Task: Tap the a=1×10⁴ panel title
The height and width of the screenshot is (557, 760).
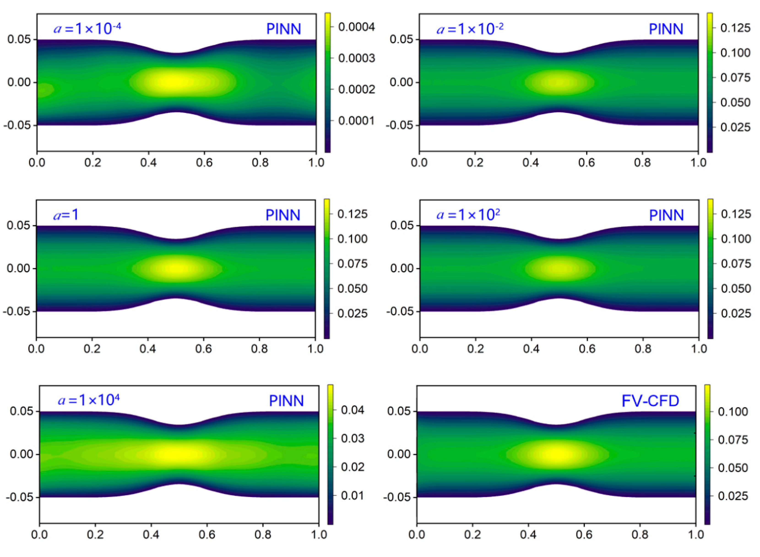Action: point(89,400)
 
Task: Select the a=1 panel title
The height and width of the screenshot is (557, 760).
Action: point(66,215)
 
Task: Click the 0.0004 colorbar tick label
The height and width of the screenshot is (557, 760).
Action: point(356,27)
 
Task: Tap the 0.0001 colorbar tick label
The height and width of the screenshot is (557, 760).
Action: point(356,121)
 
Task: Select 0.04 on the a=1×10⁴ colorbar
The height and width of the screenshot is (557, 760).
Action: point(352,410)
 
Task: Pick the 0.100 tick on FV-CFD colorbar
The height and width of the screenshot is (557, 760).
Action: point(733,412)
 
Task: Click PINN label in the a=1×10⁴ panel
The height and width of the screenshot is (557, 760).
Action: point(286,401)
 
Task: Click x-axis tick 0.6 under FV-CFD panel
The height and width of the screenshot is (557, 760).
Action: point(584,534)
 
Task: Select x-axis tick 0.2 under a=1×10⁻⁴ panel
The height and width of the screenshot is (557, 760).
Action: point(93,163)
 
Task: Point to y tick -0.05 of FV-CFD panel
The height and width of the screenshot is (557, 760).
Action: point(398,497)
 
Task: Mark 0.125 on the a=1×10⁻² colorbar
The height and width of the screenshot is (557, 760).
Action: point(735,28)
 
